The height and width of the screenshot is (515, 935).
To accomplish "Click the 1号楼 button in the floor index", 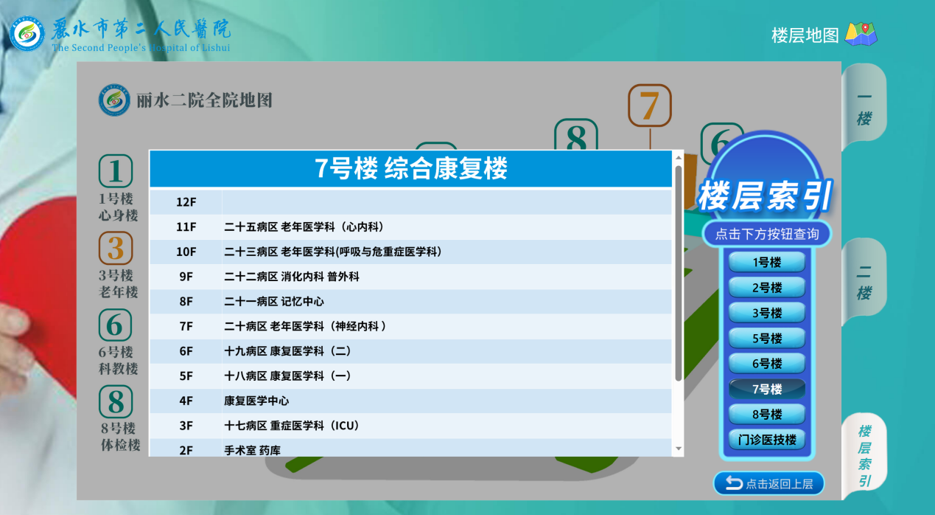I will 766,262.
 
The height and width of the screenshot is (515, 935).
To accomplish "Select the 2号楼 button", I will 766,288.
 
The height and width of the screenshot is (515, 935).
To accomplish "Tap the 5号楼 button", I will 766,339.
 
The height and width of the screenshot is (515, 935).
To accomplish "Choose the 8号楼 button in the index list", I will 766,415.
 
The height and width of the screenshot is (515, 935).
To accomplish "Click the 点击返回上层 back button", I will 768,483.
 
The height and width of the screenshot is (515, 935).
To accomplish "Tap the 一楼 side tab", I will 864,108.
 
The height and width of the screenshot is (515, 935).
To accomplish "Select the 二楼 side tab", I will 864,283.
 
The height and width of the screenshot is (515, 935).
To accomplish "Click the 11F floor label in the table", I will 186,227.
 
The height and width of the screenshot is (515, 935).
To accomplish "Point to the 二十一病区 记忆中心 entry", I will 274,302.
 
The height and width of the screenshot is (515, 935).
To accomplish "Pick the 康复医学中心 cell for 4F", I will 256,401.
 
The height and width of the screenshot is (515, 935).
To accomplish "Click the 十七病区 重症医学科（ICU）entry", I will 292,426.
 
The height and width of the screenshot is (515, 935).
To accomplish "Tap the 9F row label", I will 186,277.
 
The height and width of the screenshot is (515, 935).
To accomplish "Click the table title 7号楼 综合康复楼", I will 411,169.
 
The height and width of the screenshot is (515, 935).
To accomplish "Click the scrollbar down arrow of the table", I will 678,449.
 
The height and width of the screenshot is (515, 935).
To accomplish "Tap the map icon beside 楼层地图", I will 861,34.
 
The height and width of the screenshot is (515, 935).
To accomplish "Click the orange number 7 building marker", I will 649,106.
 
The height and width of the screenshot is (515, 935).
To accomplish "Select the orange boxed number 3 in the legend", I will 116,249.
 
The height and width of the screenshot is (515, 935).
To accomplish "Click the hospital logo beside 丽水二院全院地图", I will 114,100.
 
